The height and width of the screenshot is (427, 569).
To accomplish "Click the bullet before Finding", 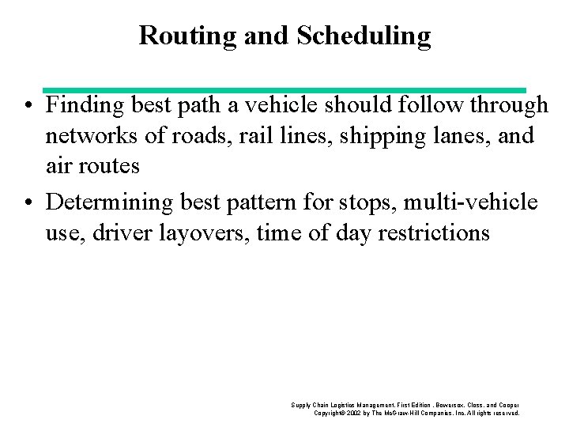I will click(x=28, y=106).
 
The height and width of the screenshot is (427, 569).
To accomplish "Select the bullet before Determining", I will click(x=28, y=203).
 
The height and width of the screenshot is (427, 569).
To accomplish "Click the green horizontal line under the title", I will click(x=284, y=90).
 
